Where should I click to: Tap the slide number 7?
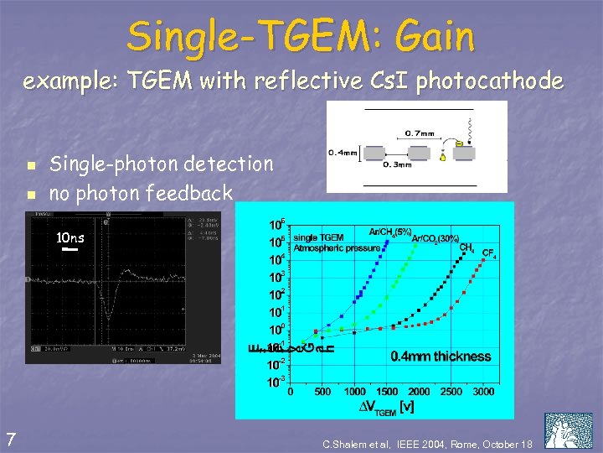pos(10,438)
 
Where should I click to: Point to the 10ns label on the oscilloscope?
pos(70,237)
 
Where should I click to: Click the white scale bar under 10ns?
pos(70,249)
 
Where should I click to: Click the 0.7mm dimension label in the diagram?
pos(419,133)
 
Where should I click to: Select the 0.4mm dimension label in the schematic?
pos(342,153)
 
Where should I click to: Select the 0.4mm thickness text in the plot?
pos(441,357)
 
